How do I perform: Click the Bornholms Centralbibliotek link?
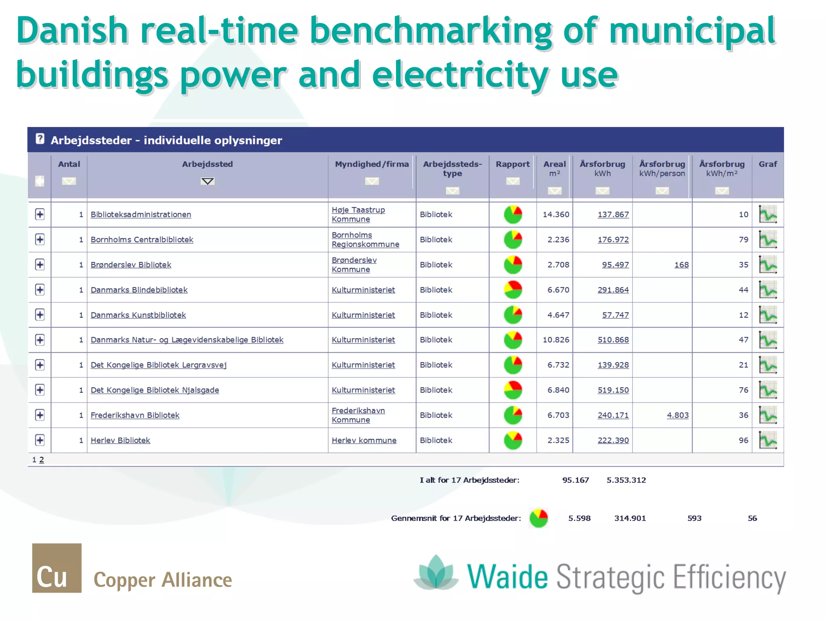[x=142, y=239]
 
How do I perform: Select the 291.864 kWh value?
[x=613, y=290]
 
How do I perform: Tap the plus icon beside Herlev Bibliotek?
[x=40, y=440]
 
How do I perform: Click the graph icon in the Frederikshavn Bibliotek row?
[x=768, y=415]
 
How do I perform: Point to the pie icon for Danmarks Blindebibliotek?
[x=513, y=290]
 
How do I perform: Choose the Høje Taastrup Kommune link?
[x=358, y=214]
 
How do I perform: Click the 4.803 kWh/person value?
[x=678, y=415]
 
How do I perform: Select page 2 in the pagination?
[x=42, y=460]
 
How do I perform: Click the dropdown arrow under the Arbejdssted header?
[x=207, y=181]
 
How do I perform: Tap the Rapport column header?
[x=512, y=164]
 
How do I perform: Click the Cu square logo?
[x=57, y=568]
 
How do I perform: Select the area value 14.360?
[x=556, y=214]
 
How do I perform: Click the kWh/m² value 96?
[x=743, y=440]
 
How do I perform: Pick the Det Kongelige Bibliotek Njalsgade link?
[x=154, y=390]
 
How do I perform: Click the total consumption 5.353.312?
[x=626, y=480]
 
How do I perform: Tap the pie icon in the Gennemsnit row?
[x=538, y=518]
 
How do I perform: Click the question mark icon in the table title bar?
[x=40, y=139]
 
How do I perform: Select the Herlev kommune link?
[x=364, y=440]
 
